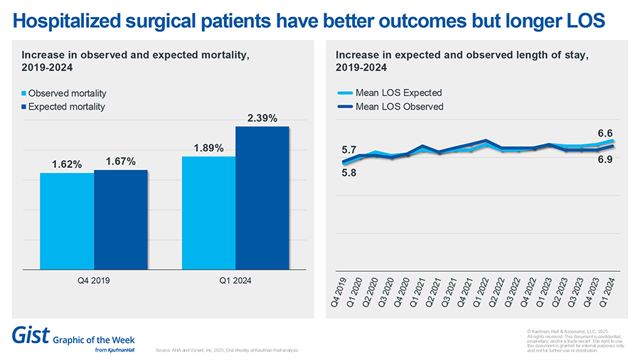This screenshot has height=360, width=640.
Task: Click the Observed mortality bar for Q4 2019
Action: [x=66, y=221]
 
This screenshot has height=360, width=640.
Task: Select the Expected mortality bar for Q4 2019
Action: [x=120, y=219]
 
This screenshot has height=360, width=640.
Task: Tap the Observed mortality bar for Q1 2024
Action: [x=208, y=213]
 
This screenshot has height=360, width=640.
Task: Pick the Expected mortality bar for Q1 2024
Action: [x=262, y=198]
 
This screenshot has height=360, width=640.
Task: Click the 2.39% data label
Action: [x=262, y=118]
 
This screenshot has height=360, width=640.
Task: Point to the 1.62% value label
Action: [x=67, y=164]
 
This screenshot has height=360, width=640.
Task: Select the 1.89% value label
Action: [x=209, y=148]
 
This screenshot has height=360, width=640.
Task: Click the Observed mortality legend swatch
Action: [x=24, y=94]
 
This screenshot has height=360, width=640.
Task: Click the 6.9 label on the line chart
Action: [x=604, y=160]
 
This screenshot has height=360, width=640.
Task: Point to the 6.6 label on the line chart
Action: [x=604, y=133]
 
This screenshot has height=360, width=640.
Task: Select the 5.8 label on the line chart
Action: [x=349, y=172]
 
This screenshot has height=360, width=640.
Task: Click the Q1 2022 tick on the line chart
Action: [x=481, y=292]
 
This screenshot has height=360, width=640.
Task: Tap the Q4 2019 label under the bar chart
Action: [x=93, y=280]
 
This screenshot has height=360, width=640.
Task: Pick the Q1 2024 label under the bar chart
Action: [x=235, y=280]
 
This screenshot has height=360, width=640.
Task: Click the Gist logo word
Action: [x=28, y=335]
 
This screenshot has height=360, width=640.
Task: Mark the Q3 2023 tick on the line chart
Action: [x=576, y=292]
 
